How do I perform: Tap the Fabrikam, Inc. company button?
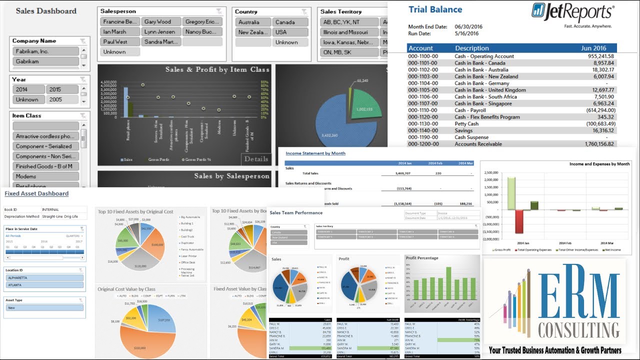click(45, 51)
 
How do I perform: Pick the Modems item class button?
click(45, 176)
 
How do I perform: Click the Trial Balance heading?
click(435, 9)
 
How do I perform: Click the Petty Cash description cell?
click(466, 124)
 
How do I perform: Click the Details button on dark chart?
click(256, 159)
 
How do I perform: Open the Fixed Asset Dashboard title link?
click(36, 193)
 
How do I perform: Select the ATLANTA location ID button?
click(44, 285)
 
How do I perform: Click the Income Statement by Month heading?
click(315, 153)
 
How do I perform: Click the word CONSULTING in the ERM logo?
click(578, 330)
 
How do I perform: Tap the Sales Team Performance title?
click(296, 213)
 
